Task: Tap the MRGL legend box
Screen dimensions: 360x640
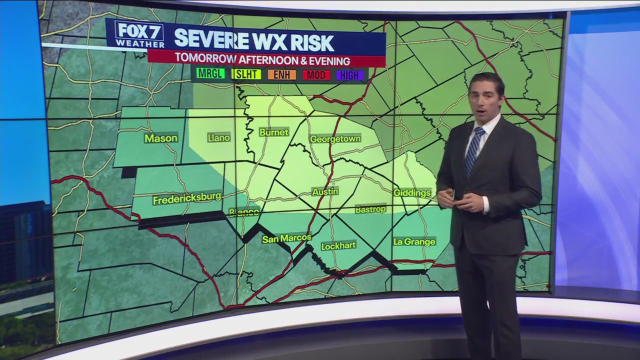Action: [211, 74]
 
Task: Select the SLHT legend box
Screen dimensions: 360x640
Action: [246, 74]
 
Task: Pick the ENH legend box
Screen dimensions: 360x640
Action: [281, 75]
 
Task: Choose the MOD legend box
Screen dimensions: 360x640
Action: [316, 75]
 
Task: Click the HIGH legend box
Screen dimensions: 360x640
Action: [349, 75]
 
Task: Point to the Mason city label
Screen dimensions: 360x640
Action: [161, 138]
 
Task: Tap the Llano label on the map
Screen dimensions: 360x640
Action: [218, 137]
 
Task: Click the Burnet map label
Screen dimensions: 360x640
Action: [273, 132]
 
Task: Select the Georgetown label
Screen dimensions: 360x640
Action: [335, 139]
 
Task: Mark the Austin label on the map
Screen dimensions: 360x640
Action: [325, 191]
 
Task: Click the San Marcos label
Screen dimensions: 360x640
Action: [286, 238]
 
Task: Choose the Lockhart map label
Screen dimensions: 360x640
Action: [338, 245]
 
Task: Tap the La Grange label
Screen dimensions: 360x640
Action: [414, 241]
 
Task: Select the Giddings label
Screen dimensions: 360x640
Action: [412, 192]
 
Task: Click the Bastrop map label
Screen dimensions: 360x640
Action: [370, 209]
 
